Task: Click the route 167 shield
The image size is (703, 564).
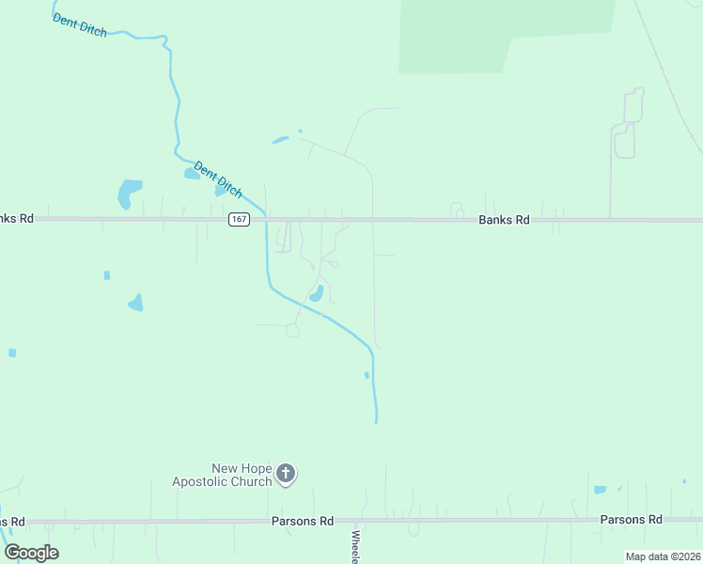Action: tap(239, 219)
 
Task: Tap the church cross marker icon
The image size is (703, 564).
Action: tap(287, 474)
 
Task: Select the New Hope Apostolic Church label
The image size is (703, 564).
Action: tap(222, 475)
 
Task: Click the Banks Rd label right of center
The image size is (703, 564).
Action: tap(504, 219)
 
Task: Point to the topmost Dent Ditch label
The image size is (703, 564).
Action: tap(80, 24)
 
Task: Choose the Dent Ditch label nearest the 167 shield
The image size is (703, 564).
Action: tap(218, 180)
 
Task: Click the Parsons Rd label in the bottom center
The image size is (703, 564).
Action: tap(303, 521)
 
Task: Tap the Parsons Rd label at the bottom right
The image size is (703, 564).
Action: tap(631, 520)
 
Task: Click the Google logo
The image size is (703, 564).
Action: tap(31, 553)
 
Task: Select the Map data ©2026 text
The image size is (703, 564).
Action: tap(663, 556)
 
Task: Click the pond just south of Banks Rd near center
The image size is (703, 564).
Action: tap(318, 293)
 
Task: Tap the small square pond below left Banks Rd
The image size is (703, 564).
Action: tap(106, 275)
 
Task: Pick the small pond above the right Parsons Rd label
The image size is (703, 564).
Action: tap(600, 490)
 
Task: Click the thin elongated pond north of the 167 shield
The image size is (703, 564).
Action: tap(280, 141)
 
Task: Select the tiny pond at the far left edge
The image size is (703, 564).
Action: tap(12, 352)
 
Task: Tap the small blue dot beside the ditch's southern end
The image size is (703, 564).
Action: tap(367, 375)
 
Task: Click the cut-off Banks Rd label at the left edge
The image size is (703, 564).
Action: tap(17, 218)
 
